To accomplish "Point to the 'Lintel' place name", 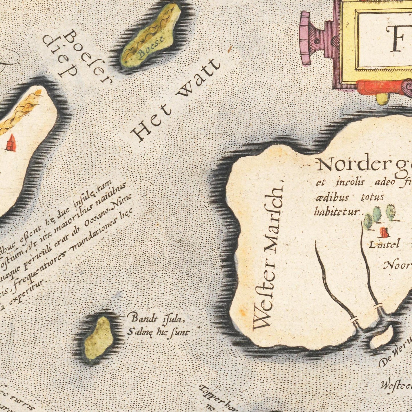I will [x=384, y=244].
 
